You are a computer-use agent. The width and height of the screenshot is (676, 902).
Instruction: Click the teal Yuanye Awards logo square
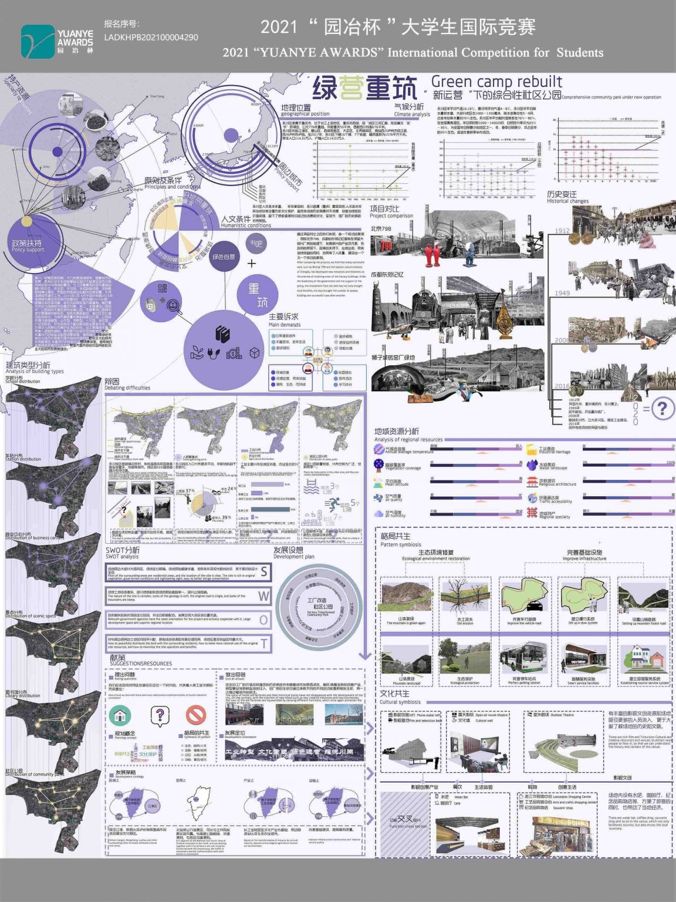pos(38,42)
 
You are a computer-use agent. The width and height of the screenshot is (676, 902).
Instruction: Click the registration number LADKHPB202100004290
pos(151,37)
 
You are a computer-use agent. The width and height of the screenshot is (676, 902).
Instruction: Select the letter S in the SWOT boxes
pos(264,571)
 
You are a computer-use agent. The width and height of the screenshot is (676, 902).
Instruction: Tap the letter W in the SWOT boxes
pos(264,596)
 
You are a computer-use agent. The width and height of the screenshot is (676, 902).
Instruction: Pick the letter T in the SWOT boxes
pos(265,644)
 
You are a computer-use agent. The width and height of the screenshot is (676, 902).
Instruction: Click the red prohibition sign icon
pos(196,715)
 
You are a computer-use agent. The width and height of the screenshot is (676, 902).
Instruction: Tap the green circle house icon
pos(120,715)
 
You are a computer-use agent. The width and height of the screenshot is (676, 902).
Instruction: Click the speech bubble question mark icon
pos(160,715)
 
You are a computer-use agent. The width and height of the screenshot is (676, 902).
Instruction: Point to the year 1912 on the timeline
pos(562,231)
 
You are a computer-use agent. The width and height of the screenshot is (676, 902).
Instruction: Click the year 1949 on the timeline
pos(562,293)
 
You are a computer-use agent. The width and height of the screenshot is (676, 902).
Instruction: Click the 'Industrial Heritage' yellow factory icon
pos(532,450)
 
